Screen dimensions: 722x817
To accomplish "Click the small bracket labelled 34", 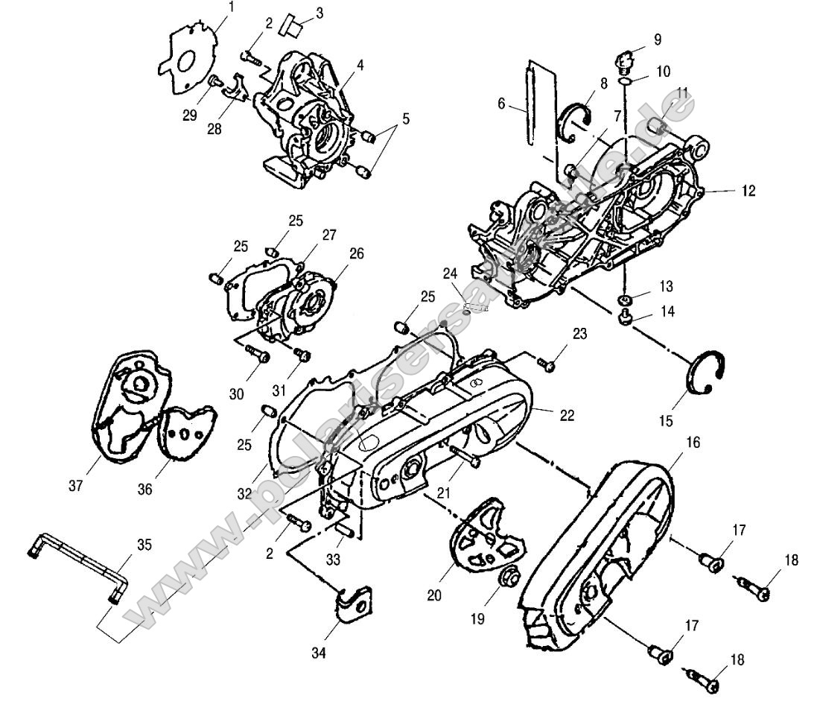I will [353, 602].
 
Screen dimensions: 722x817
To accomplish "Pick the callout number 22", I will [567, 415].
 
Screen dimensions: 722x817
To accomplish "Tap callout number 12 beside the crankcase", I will [748, 191].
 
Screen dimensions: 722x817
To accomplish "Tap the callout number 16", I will [693, 442].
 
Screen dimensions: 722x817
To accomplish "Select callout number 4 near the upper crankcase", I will [360, 65].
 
